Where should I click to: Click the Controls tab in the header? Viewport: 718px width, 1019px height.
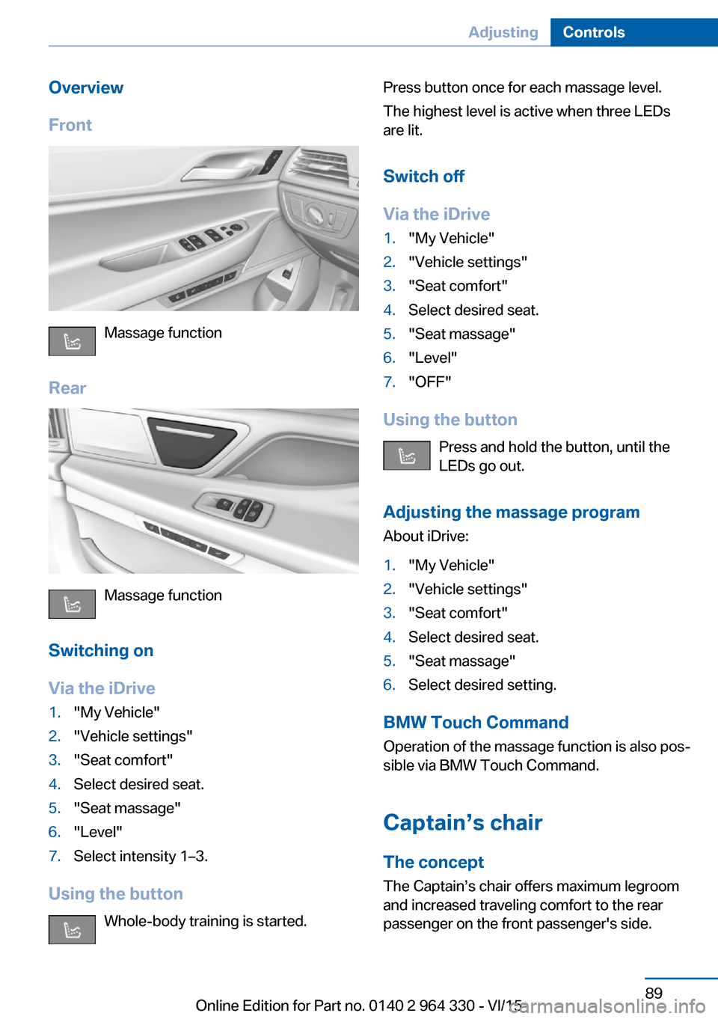pyautogui.click(x=594, y=32)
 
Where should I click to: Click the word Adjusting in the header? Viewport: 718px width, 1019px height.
pyautogui.click(x=503, y=32)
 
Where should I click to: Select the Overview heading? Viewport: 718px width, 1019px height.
pyautogui.click(x=86, y=88)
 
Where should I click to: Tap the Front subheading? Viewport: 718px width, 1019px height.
pyautogui.click(x=70, y=125)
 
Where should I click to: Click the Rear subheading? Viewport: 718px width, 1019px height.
pyautogui.click(x=67, y=388)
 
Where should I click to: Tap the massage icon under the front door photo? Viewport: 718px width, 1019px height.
pyautogui.click(x=72, y=341)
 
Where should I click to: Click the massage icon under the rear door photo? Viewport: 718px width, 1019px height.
pyautogui.click(x=72, y=604)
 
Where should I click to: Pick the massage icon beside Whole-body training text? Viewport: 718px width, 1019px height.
pyautogui.click(x=72, y=929)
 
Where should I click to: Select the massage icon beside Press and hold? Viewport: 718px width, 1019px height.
pyautogui.click(x=407, y=456)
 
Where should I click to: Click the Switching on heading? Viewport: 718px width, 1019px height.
pyautogui.click(x=101, y=650)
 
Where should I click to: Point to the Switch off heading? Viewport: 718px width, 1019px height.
pyautogui.click(x=423, y=176)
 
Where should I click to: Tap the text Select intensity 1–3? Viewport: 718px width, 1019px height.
pyautogui.click(x=141, y=856)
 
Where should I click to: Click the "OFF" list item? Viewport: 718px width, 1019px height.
pyautogui.click(x=430, y=382)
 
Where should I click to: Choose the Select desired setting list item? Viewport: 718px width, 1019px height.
pyautogui.click(x=482, y=685)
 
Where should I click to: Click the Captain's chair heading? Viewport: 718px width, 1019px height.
pyautogui.click(x=462, y=822)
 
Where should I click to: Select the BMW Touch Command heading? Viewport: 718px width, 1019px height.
pyautogui.click(x=476, y=722)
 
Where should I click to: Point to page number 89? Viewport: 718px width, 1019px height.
pyautogui.click(x=654, y=993)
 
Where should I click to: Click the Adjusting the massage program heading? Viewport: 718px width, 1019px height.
pyautogui.click(x=511, y=512)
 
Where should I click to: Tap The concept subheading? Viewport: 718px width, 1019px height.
pyautogui.click(x=433, y=862)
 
